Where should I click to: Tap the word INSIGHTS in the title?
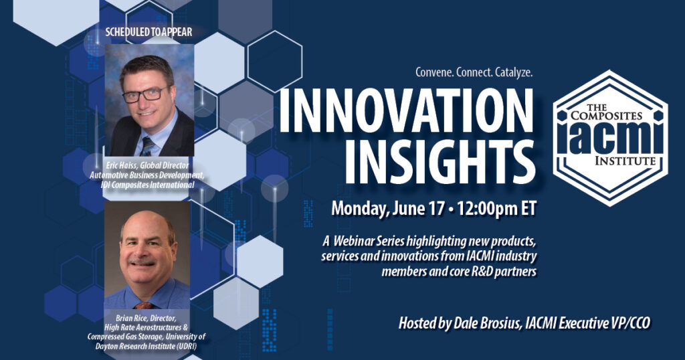click(x=440, y=162)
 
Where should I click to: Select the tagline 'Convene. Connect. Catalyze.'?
click(x=474, y=72)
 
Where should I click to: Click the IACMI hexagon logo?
click(x=610, y=138)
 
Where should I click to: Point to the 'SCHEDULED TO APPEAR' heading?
click(x=149, y=32)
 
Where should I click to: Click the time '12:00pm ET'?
click(x=496, y=208)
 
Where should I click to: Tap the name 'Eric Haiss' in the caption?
click(x=122, y=165)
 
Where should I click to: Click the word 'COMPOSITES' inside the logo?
click(x=606, y=116)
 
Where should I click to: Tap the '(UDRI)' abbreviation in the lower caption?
click(x=185, y=346)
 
